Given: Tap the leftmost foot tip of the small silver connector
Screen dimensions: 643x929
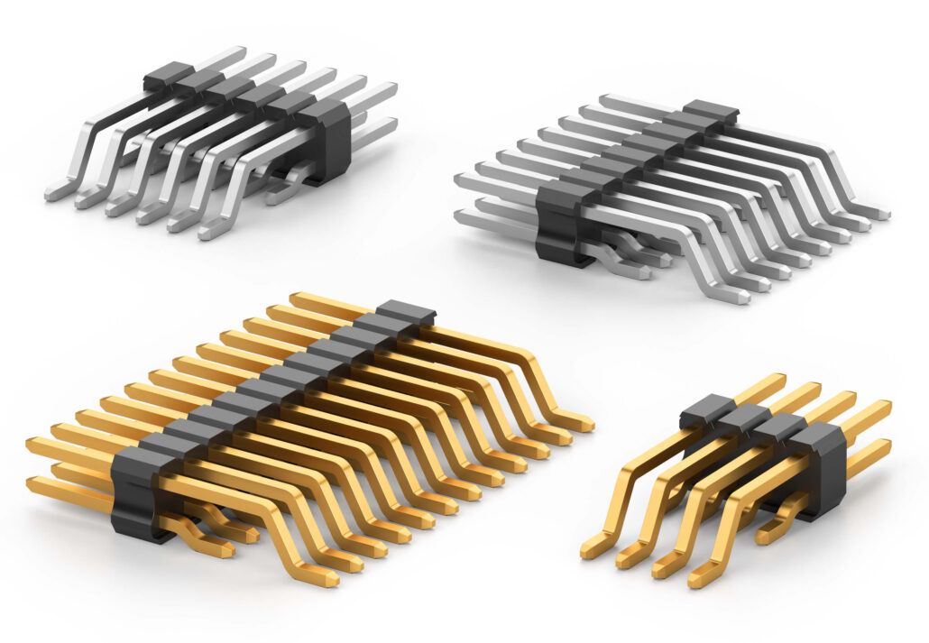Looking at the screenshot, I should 52,193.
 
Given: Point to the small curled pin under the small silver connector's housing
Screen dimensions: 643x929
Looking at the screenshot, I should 287,186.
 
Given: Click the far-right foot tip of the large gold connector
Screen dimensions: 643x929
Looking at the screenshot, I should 584,423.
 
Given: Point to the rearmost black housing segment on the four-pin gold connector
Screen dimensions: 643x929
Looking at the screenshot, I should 703,409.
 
